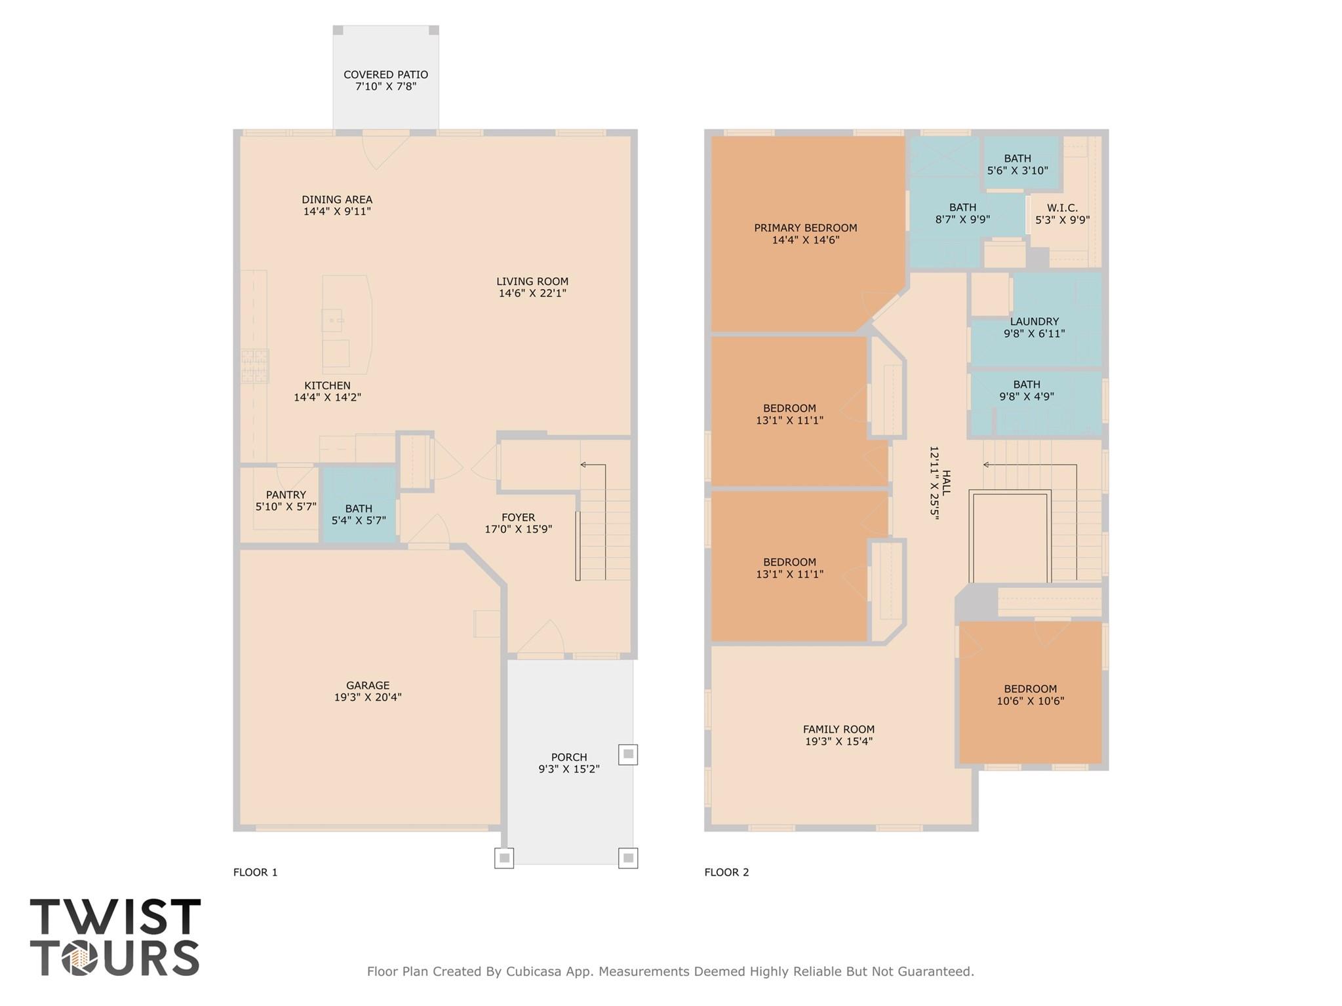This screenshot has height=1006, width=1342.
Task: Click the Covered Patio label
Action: (x=385, y=75)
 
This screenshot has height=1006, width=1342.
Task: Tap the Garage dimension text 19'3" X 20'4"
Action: (x=368, y=697)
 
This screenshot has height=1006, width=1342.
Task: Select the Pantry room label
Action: (x=286, y=495)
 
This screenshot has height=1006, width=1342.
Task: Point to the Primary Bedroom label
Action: (x=805, y=228)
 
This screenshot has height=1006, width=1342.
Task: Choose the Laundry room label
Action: (x=1034, y=322)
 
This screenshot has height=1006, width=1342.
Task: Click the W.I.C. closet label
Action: (x=1062, y=208)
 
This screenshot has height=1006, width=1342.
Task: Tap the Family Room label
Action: (x=839, y=729)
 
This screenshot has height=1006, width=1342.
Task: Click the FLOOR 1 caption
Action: (x=256, y=872)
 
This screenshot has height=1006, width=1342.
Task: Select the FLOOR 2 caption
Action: (x=726, y=872)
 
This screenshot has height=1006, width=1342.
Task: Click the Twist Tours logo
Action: (x=115, y=937)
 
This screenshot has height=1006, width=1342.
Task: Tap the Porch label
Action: (x=568, y=757)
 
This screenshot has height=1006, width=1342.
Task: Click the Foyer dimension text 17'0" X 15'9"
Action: (x=518, y=530)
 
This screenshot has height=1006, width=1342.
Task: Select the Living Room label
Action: (x=532, y=282)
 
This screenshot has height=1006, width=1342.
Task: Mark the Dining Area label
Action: (x=337, y=200)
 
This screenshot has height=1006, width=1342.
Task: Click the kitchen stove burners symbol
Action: (x=254, y=366)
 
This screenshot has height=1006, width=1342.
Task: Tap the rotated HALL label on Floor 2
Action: (x=945, y=482)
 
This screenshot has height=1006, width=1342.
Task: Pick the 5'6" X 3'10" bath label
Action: (x=1017, y=170)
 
